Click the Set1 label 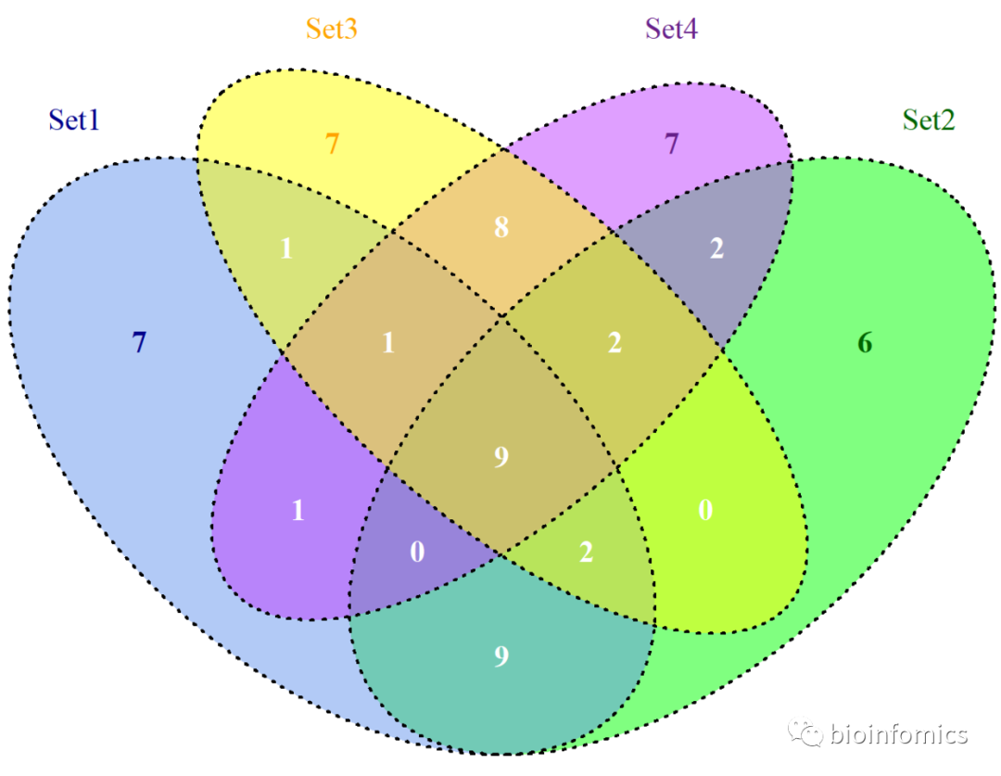click(74, 121)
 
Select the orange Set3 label click(332, 30)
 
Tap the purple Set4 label click(672, 30)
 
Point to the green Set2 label click(929, 121)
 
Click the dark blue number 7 click(139, 343)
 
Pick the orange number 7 click(333, 145)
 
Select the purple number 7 click(673, 145)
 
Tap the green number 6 click(865, 343)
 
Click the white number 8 click(501, 227)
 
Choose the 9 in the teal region click(501, 656)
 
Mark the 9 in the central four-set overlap click(501, 457)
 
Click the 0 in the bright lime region click(705, 510)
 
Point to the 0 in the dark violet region click(417, 552)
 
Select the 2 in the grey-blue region click(716, 249)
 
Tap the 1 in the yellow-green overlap click(287, 249)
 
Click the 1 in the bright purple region click(298, 510)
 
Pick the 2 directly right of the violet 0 click(586, 552)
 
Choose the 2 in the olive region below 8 click(615, 343)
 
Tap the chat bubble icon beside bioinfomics click(805, 734)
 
